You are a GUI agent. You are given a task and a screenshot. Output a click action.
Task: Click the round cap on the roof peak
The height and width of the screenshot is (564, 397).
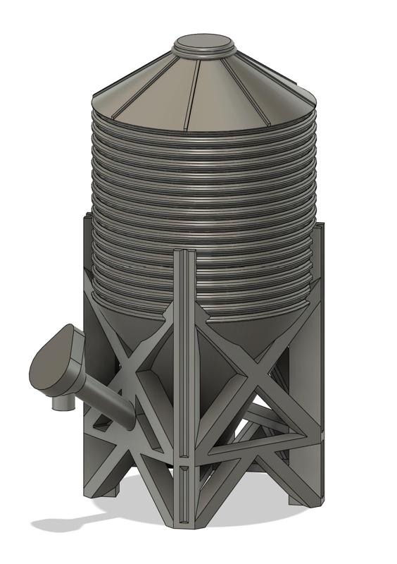[x=204, y=44]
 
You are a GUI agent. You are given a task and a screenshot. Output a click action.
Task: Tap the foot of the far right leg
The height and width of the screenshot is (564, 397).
[x=304, y=493]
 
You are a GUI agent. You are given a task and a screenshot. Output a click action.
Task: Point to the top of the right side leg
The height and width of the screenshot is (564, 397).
[x=318, y=229]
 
